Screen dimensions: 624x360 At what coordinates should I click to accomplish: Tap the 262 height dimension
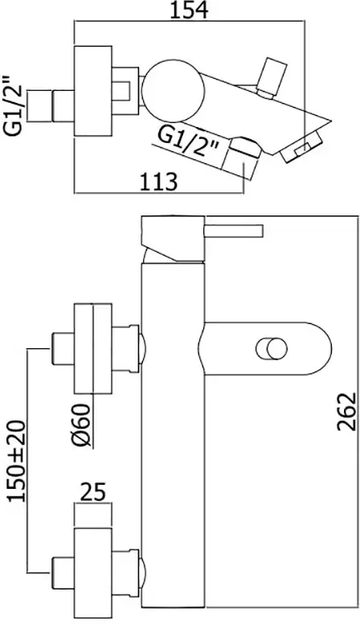(344, 412)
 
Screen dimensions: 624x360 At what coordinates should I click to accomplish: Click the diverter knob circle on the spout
(270, 349)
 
